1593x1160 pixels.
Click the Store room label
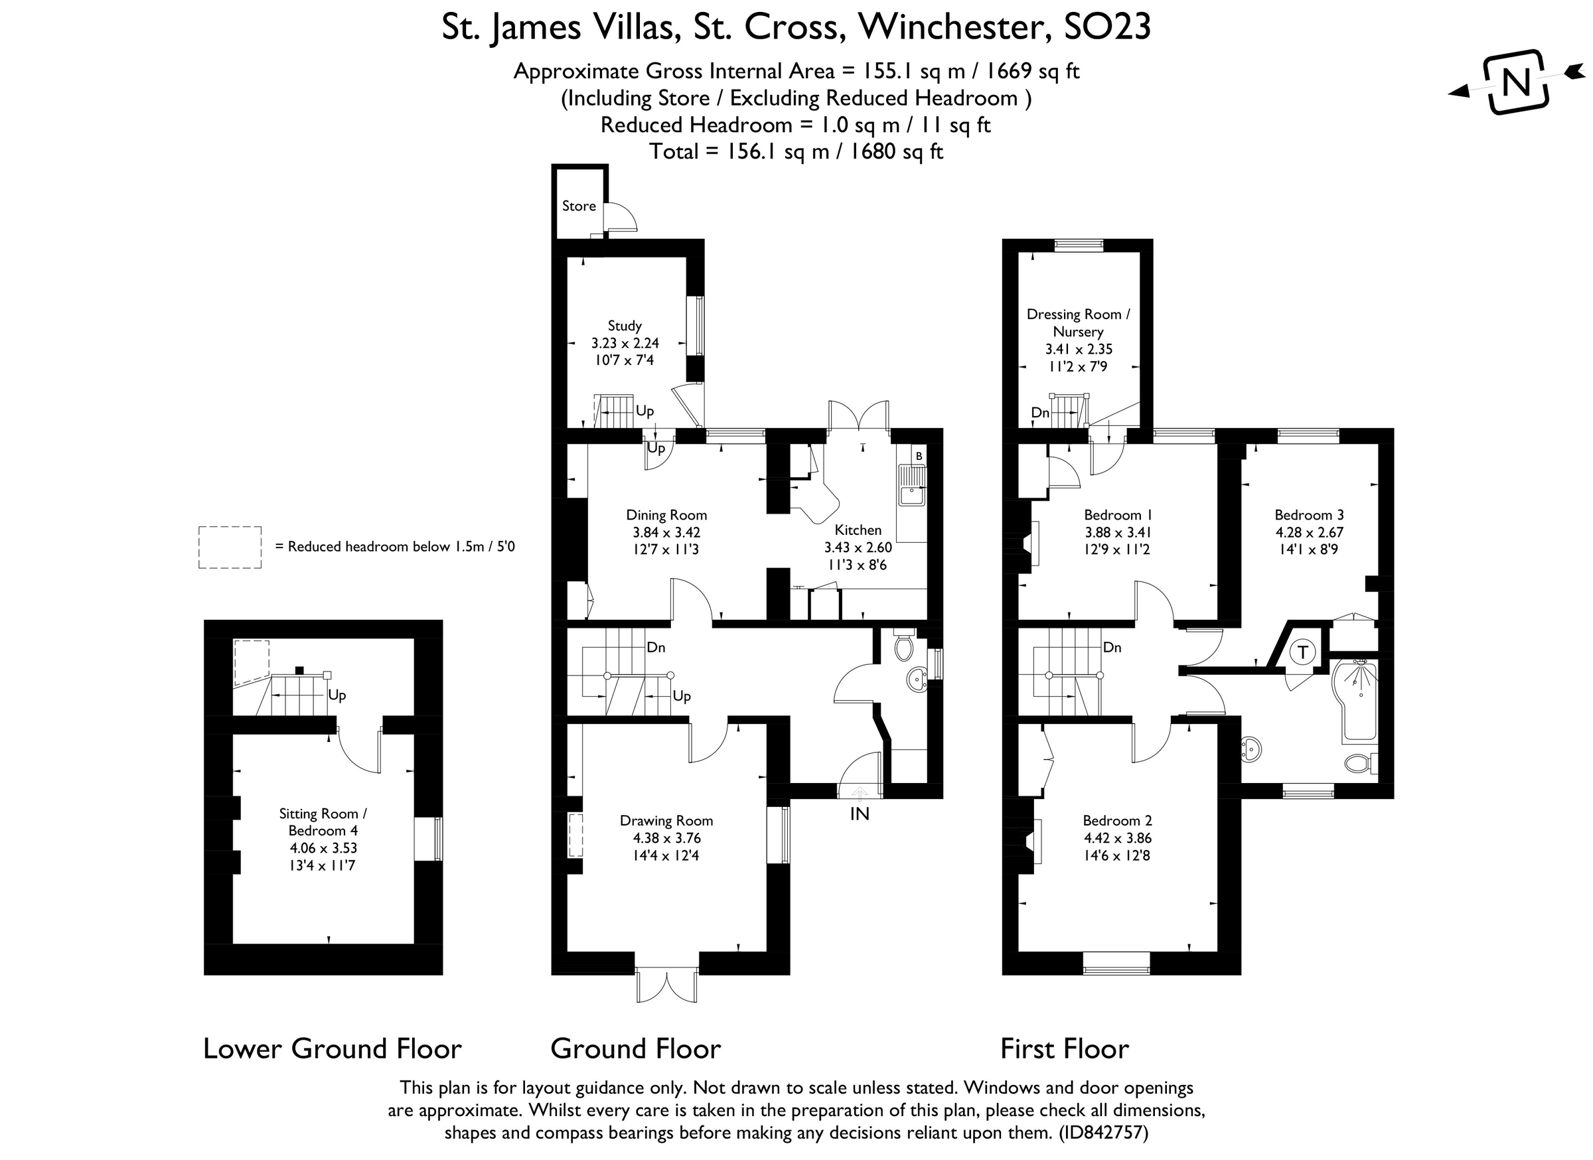[x=579, y=206]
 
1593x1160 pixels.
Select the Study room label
[x=625, y=326]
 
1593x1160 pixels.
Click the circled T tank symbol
[x=1303, y=652]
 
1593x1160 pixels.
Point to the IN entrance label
[x=860, y=814]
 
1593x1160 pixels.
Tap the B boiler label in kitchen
[x=919, y=457]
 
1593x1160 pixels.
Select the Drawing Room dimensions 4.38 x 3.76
[x=666, y=837]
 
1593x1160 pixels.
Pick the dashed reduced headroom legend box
[x=230, y=547]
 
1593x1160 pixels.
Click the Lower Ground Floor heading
[x=333, y=1049]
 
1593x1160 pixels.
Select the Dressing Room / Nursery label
[x=1078, y=323]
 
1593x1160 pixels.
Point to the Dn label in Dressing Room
[x=1040, y=413]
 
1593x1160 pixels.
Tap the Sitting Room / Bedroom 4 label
[x=323, y=822]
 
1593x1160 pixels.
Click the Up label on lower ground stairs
[x=337, y=695]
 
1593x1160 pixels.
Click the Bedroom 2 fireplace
[x=1033, y=841]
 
